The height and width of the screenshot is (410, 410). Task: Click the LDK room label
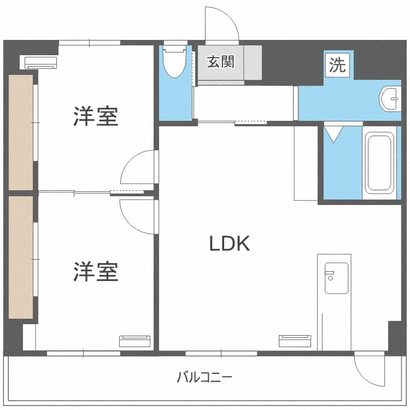tap(230, 243)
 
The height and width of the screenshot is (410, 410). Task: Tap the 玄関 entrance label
tap(221, 62)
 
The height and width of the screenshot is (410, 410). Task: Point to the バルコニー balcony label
tap(204, 377)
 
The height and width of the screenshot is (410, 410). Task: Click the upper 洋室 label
tap(96, 116)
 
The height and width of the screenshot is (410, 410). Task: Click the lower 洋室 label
tap(96, 271)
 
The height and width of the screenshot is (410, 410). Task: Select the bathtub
tap(379, 163)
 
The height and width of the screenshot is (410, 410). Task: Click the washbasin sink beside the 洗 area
tap(390, 99)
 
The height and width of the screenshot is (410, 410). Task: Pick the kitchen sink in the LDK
tap(336, 278)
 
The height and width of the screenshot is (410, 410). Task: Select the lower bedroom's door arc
tap(127, 221)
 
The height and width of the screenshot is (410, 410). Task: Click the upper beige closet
tap(21, 133)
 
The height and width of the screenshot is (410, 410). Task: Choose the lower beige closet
tap(21, 257)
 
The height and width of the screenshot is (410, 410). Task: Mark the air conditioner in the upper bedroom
tap(41, 63)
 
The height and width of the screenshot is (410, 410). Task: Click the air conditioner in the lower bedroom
tap(134, 341)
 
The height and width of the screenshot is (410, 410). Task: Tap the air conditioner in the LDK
tap(295, 341)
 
